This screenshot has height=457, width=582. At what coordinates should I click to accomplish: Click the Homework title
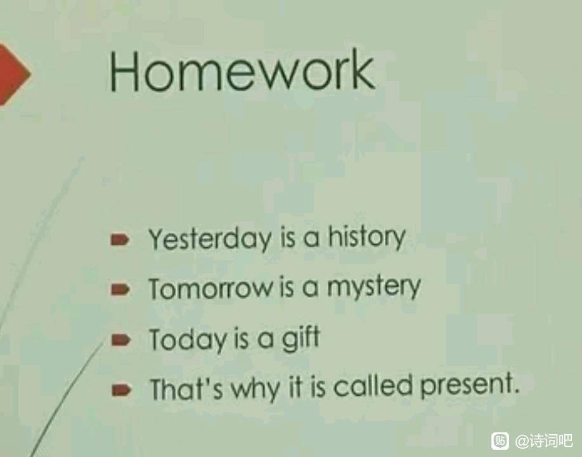tap(242, 70)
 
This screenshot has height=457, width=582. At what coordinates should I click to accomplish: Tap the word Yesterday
tap(210, 239)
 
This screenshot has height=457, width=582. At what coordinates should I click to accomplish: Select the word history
tap(366, 238)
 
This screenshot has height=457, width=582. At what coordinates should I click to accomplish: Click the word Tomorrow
tap(210, 288)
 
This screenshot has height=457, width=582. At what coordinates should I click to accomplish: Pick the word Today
tap(187, 340)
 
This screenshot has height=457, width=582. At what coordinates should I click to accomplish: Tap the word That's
tap(186, 389)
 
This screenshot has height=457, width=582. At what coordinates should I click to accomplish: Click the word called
tap(373, 386)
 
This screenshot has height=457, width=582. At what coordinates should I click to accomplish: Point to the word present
tap(469, 386)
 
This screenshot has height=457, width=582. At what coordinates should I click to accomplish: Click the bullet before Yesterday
tap(120, 240)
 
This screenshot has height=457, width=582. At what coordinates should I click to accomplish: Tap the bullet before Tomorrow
tap(120, 289)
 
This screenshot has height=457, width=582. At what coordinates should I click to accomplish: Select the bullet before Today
tap(120, 340)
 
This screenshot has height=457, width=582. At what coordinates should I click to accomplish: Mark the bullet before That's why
tap(121, 390)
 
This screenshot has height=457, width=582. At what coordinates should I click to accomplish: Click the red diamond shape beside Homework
tap(13, 74)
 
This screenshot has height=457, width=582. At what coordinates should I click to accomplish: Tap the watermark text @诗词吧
tap(543, 441)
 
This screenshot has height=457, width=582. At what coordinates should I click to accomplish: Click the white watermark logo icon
tap(500, 441)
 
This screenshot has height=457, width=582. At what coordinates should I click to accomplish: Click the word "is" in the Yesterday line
tap(288, 238)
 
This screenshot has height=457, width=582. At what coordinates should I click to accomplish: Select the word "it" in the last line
tap(295, 387)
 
